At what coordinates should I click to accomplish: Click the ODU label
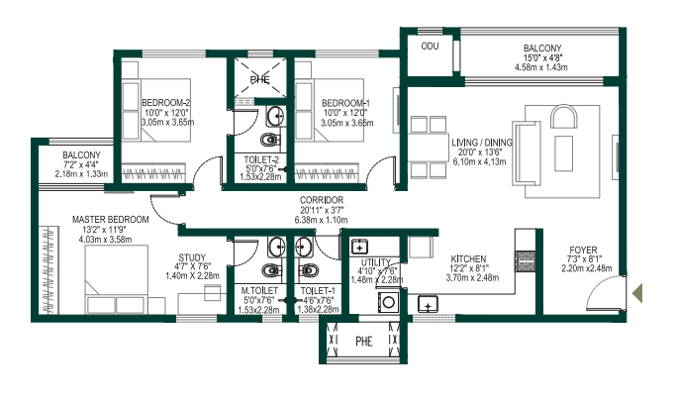pyautogui.click(x=430, y=47)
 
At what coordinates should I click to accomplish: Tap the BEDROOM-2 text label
pyautogui.click(x=165, y=102)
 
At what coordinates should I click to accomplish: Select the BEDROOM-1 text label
pyautogui.click(x=345, y=102)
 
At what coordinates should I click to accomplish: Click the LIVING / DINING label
pyautogui.click(x=482, y=143)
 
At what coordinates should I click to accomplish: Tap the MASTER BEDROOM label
pyautogui.click(x=110, y=218)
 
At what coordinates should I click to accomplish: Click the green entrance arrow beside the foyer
pyautogui.click(x=640, y=292)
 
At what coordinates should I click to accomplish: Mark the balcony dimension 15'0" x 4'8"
pyautogui.click(x=542, y=58)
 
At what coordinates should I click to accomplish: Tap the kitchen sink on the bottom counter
pyautogui.click(x=430, y=304)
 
